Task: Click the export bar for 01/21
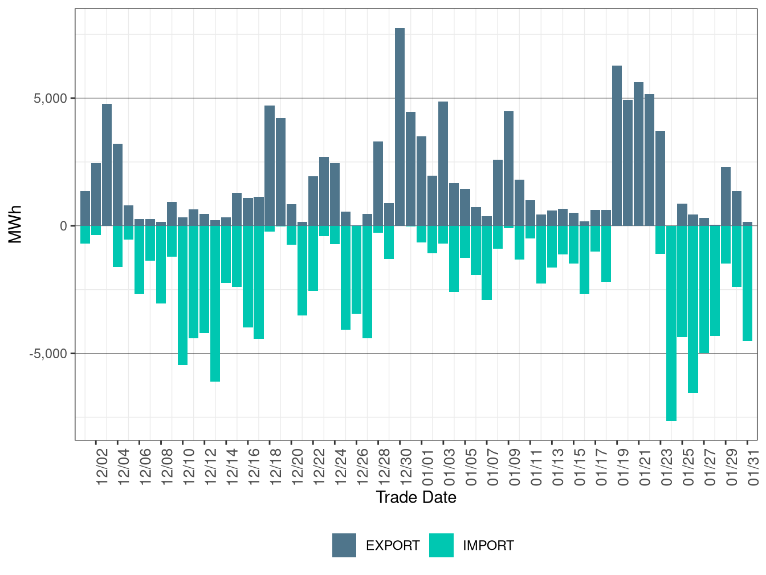[x=638, y=154]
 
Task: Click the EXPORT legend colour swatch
[x=344, y=545]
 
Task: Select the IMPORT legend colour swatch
[x=442, y=545]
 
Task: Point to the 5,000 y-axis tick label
[x=50, y=98]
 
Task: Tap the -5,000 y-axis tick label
[x=48, y=354]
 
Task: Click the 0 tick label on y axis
[x=63, y=226]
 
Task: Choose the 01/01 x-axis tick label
[x=427, y=467]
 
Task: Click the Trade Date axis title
[x=416, y=497]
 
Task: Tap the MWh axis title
[x=15, y=225]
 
